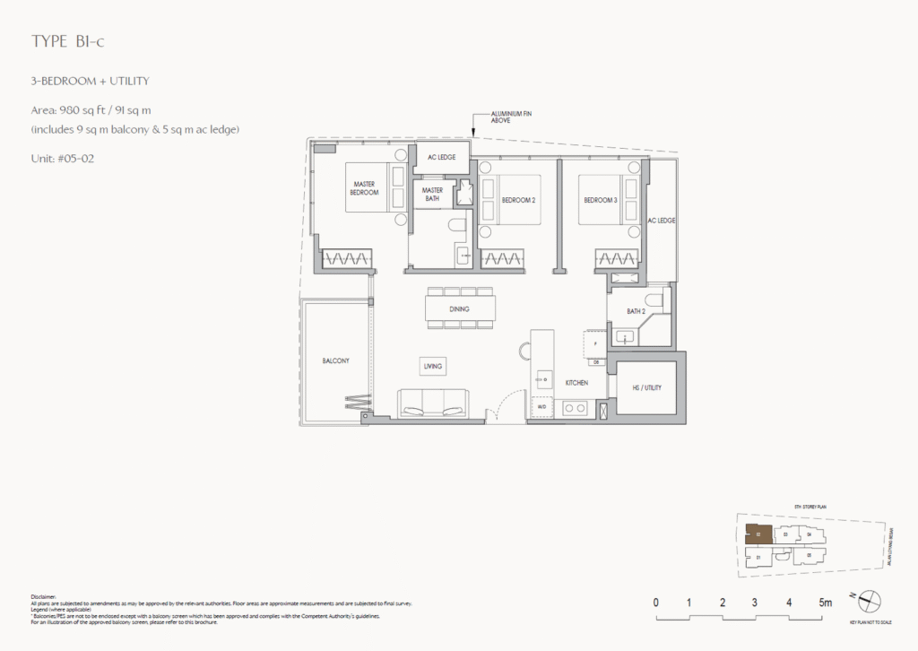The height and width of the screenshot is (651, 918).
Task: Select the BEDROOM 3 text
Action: [601, 200]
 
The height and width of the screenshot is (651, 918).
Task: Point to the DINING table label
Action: [460, 309]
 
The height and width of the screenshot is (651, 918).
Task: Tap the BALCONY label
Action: [335, 360]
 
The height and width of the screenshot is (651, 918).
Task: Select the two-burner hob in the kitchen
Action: [573, 409]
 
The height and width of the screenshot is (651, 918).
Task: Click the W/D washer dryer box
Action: [541, 408]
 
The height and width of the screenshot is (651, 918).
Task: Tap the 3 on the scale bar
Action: [755, 602]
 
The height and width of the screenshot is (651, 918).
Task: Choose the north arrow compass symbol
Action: [870, 602]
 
